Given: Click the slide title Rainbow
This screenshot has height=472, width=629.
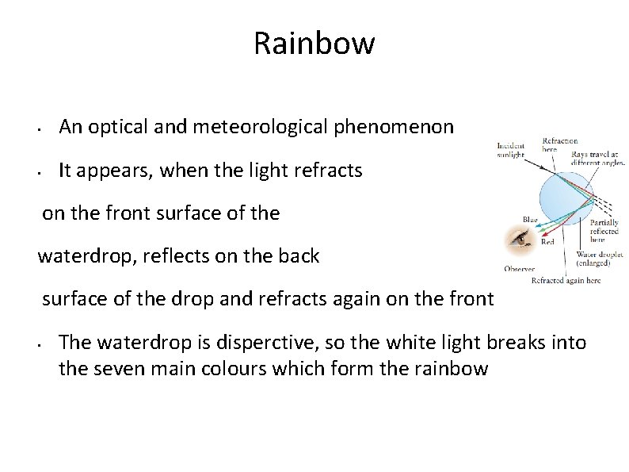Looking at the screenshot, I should point(314,43).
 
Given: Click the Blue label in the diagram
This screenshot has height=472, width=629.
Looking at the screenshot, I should point(529,220).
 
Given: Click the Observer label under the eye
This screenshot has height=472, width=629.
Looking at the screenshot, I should point(519,269).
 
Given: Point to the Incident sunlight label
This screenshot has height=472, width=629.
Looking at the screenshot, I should point(510,151).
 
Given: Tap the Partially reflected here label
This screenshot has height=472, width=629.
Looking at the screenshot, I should point(606,232).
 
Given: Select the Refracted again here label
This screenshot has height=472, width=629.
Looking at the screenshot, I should point(566,280).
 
